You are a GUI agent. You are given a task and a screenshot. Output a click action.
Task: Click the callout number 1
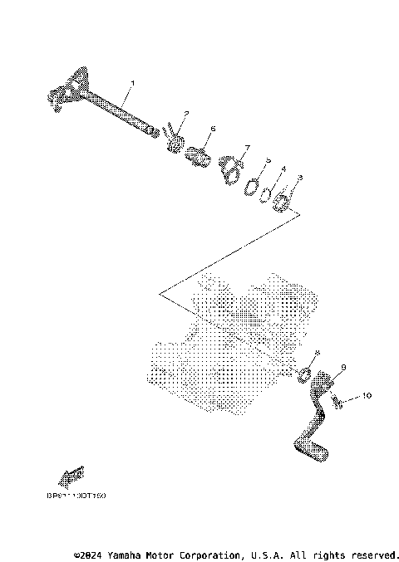[131, 84]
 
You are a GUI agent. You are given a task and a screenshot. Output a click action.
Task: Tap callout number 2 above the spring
[186, 113]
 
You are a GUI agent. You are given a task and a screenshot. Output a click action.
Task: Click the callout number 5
[268, 161]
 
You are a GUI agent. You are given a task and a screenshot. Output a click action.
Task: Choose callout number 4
[283, 169]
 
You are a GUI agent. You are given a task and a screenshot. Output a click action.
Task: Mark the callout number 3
[299, 178]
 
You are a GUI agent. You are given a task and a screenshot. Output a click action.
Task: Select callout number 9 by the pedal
[343, 366]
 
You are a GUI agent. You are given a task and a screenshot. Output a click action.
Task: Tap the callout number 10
[367, 397]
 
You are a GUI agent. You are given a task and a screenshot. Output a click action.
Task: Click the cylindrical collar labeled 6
[199, 154]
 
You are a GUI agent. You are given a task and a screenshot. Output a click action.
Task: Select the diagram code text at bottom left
[82, 496]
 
